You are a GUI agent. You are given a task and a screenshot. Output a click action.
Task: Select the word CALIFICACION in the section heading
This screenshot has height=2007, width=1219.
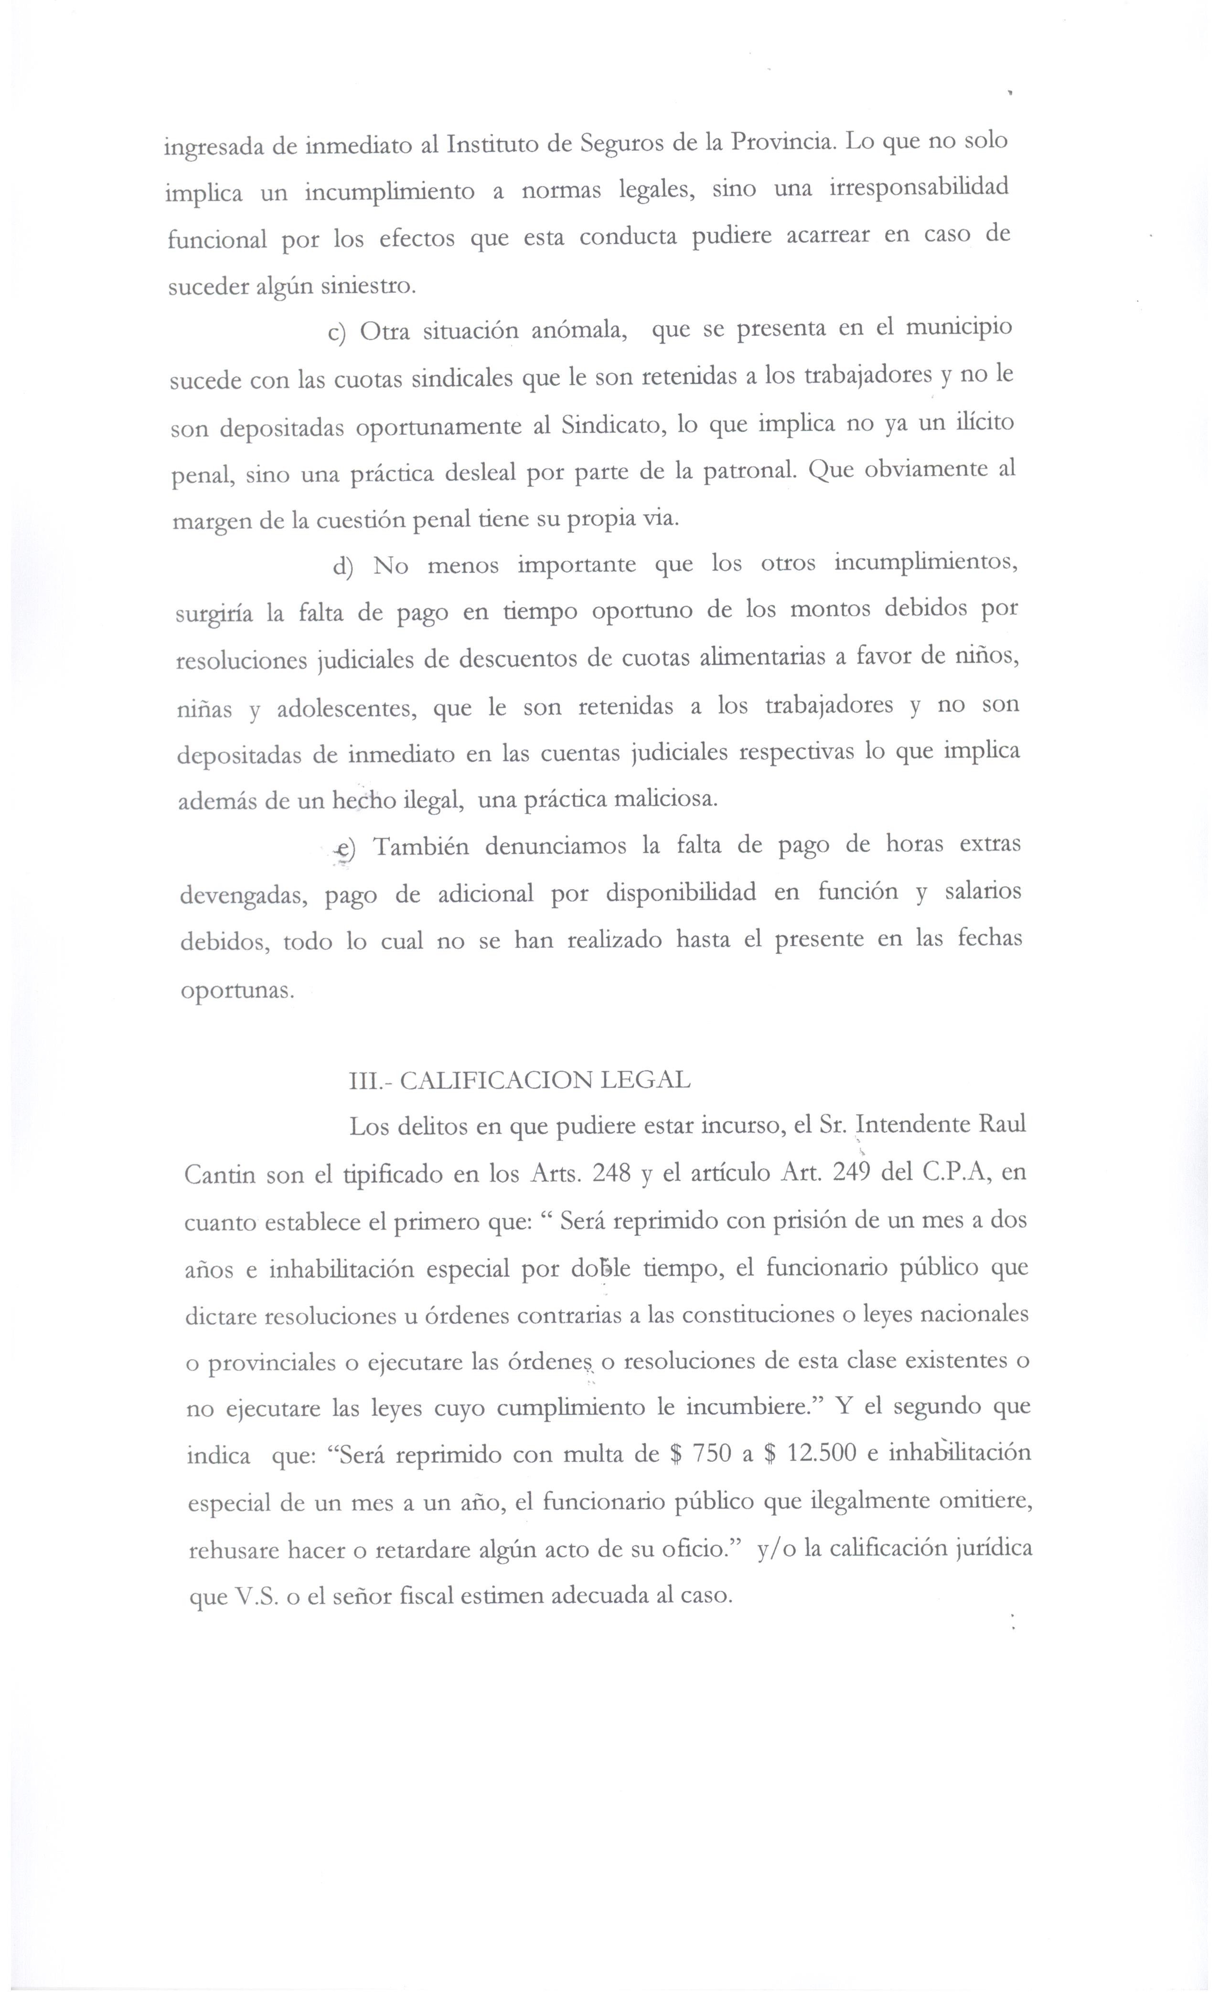[x=495, y=1080]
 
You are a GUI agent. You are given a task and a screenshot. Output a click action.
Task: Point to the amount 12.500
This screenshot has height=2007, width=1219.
[x=823, y=1453]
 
